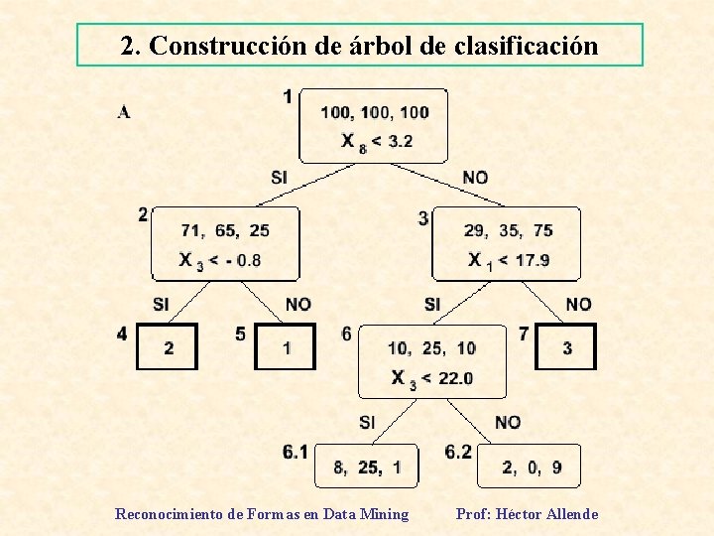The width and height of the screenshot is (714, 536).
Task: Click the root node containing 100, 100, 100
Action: (x=374, y=126)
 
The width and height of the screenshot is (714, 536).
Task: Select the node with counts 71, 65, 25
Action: (x=225, y=244)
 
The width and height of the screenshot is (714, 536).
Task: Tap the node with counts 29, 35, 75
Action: (x=507, y=244)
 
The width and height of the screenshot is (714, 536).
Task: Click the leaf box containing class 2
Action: (x=168, y=347)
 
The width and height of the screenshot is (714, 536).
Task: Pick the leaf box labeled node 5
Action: (x=286, y=347)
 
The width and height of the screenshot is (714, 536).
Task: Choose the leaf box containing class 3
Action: (x=566, y=347)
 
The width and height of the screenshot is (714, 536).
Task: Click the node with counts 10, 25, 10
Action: (x=431, y=361)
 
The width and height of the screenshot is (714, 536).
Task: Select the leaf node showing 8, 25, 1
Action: (x=366, y=467)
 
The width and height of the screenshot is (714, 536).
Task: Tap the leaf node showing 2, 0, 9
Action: (x=529, y=467)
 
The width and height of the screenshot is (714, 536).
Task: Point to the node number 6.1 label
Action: (x=295, y=453)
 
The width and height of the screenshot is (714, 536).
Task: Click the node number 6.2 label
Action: (x=458, y=453)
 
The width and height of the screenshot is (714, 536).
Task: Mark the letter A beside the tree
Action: (x=124, y=111)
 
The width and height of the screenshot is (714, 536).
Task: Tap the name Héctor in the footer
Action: (x=521, y=514)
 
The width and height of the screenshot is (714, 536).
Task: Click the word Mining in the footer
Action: (x=385, y=514)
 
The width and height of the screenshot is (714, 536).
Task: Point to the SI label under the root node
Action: (x=280, y=178)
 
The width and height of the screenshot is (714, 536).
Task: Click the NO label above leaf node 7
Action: (x=578, y=304)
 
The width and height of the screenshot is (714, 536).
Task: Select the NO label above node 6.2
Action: (x=508, y=423)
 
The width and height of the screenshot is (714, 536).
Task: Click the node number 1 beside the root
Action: (x=288, y=96)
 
